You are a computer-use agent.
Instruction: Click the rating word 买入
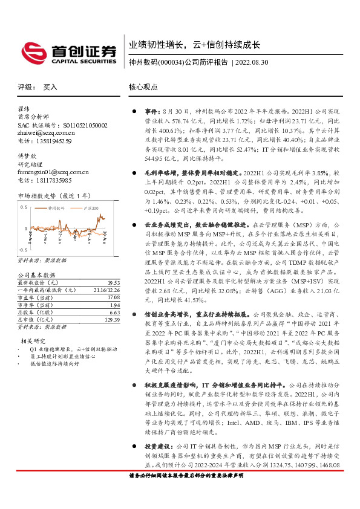(x=50, y=87)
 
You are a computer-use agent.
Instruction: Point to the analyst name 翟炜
(x=24, y=109)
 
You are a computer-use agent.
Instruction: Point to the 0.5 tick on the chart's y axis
(x=23, y=207)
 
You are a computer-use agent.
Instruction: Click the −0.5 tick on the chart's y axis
(x=22, y=249)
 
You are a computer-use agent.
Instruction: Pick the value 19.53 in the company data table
(x=113, y=282)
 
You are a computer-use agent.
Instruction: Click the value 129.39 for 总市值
(x=111, y=319)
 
